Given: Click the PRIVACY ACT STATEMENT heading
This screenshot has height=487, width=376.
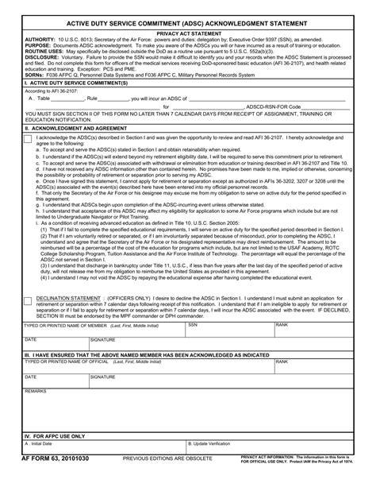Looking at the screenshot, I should pos(188,35).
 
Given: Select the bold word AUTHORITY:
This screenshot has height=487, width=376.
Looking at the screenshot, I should pos(40,41).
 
